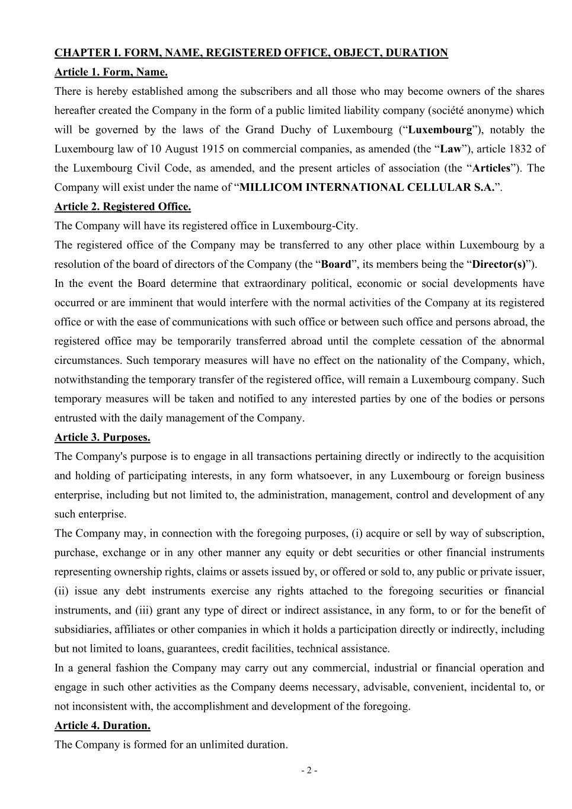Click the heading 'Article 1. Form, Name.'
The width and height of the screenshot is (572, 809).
(111, 72)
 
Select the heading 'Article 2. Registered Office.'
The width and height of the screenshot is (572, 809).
(123, 207)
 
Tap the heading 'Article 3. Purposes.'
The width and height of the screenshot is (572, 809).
(102, 437)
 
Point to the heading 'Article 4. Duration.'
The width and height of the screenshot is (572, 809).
(102, 725)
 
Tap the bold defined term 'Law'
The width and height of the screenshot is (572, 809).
(450, 149)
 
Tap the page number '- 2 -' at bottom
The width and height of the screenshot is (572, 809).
(309, 770)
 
